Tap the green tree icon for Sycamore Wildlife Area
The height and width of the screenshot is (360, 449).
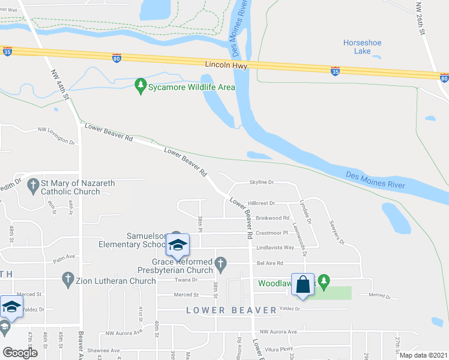[x=141, y=87]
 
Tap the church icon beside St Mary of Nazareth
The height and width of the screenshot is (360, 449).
[x=32, y=187]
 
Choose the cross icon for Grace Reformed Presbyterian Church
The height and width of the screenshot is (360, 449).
[x=221, y=263]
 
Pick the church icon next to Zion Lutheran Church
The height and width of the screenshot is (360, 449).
[x=67, y=280]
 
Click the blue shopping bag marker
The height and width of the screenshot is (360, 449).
[x=303, y=284]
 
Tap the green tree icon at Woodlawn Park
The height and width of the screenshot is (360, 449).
[x=324, y=280]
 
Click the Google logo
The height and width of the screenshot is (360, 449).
[x=20, y=353]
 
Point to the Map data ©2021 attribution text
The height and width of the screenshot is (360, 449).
[x=423, y=355]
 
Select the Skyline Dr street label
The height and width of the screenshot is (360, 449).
[x=262, y=182]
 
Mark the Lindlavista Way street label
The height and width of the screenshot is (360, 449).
[x=275, y=247]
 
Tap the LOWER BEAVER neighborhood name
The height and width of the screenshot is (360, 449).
[x=231, y=310]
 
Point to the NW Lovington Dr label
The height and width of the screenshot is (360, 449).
[x=56, y=134]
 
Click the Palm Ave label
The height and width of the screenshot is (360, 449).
[x=64, y=257]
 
